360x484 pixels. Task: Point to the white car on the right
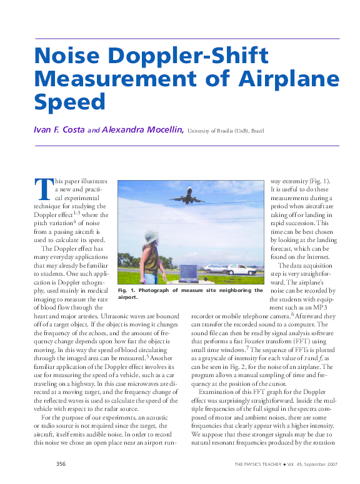click(241, 270)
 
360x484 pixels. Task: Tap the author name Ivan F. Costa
click(59, 130)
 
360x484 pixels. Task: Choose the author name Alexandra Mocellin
click(143, 130)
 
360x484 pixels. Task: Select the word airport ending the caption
click(127, 298)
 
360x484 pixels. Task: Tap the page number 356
click(61, 464)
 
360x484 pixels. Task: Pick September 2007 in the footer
click(321, 465)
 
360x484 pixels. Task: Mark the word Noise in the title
click(67, 58)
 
